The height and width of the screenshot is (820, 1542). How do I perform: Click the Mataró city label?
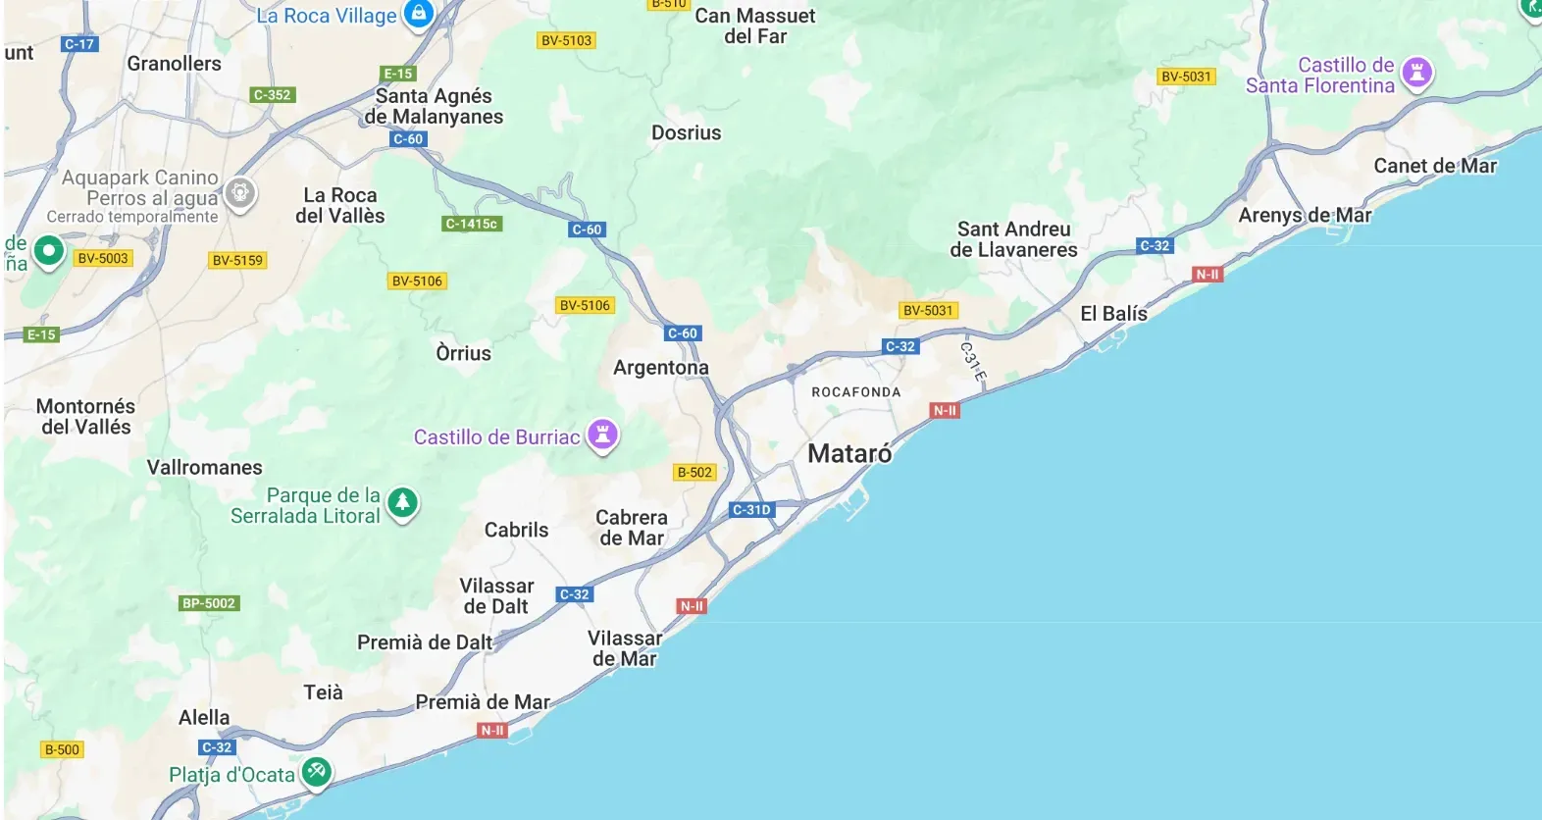(x=849, y=454)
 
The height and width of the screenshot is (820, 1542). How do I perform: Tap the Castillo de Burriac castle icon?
(x=603, y=434)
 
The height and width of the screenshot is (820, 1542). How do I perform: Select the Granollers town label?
(x=174, y=64)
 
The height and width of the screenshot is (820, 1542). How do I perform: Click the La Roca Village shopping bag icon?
(x=419, y=14)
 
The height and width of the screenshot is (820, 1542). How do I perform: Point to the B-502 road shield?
(x=694, y=472)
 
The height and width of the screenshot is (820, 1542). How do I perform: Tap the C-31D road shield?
(x=752, y=510)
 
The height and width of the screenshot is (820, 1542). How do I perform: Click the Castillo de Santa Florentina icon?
(x=1416, y=72)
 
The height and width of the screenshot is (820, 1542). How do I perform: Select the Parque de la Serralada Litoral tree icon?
(x=402, y=502)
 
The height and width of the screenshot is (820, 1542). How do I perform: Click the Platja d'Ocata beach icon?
(x=316, y=771)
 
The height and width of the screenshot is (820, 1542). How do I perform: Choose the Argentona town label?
(x=660, y=368)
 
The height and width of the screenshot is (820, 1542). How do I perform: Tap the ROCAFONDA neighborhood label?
(x=855, y=392)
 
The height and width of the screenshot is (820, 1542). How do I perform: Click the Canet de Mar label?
(x=1434, y=166)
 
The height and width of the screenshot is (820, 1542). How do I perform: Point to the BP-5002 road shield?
(x=209, y=603)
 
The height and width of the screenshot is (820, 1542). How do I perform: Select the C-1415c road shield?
(x=472, y=224)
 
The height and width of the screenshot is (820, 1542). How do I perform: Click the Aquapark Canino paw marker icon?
(x=240, y=192)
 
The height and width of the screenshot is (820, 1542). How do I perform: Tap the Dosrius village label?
(x=686, y=133)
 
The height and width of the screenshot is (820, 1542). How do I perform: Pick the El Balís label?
(x=1113, y=314)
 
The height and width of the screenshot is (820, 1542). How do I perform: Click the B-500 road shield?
(x=62, y=749)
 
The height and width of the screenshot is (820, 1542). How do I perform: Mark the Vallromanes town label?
(x=204, y=468)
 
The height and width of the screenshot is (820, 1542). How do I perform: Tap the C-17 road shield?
(x=79, y=44)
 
